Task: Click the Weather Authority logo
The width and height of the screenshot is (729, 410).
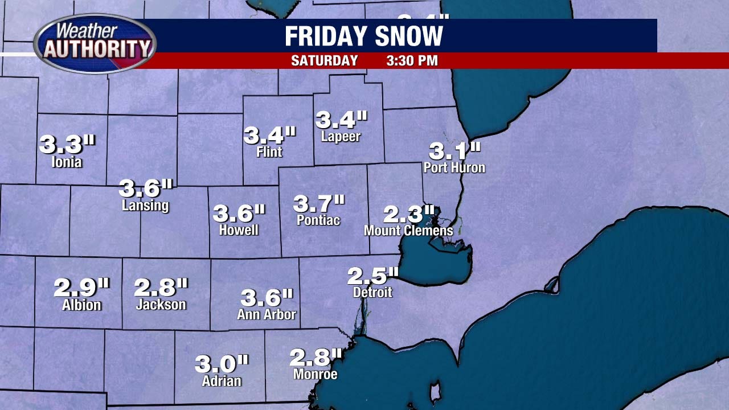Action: click(x=95, y=44)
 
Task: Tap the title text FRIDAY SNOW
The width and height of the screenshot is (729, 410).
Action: click(x=364, y=36)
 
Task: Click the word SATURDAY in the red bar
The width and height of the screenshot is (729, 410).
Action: click(x=325, y=61)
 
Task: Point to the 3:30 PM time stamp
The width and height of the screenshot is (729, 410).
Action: click(x=412, y=61)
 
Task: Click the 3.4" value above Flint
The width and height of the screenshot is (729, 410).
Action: click(x=270, y=136)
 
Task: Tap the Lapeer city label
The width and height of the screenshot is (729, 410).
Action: click(x=341, y=137)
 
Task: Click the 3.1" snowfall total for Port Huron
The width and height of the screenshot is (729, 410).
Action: click(x=454, y=151)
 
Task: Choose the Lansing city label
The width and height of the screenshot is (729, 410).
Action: click(x=145, y=205)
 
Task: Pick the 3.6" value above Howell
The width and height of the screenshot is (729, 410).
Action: click(x=239, y=214)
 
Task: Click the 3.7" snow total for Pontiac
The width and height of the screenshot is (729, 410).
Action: click(x=319, y=203)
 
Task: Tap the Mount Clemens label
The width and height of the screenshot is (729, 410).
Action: click(x=408, y=231)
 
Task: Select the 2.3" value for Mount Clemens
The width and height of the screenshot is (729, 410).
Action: click(x=409, y=215)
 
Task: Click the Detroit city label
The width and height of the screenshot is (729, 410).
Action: click(x=372, y=292)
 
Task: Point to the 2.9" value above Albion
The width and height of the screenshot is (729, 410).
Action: click(x=81, y=288)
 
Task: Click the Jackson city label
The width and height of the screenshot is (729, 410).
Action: click(x=161, y=305)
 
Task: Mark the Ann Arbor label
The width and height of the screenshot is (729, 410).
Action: click(x=267, y=314)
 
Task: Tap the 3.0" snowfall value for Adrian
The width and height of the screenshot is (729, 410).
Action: click(x=222, y=363)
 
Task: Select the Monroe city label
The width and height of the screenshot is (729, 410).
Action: click(x=316, y=374)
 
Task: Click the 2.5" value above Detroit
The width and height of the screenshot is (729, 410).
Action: click(x=373, y=276)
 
